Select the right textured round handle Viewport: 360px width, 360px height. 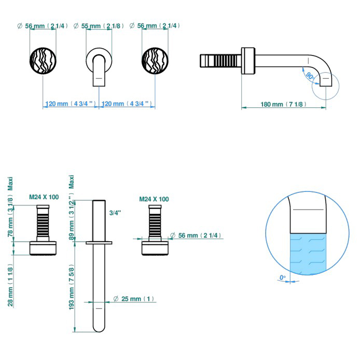pos(155,61)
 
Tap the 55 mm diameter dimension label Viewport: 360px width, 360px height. pos(99,25)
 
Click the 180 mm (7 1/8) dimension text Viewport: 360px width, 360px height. pos(284,104)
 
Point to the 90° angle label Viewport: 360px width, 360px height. pos(309,76)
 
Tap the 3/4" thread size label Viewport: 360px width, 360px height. pos(115,213)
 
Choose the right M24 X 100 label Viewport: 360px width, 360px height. pos(154,199)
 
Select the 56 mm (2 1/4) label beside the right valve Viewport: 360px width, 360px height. pos(199,236)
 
